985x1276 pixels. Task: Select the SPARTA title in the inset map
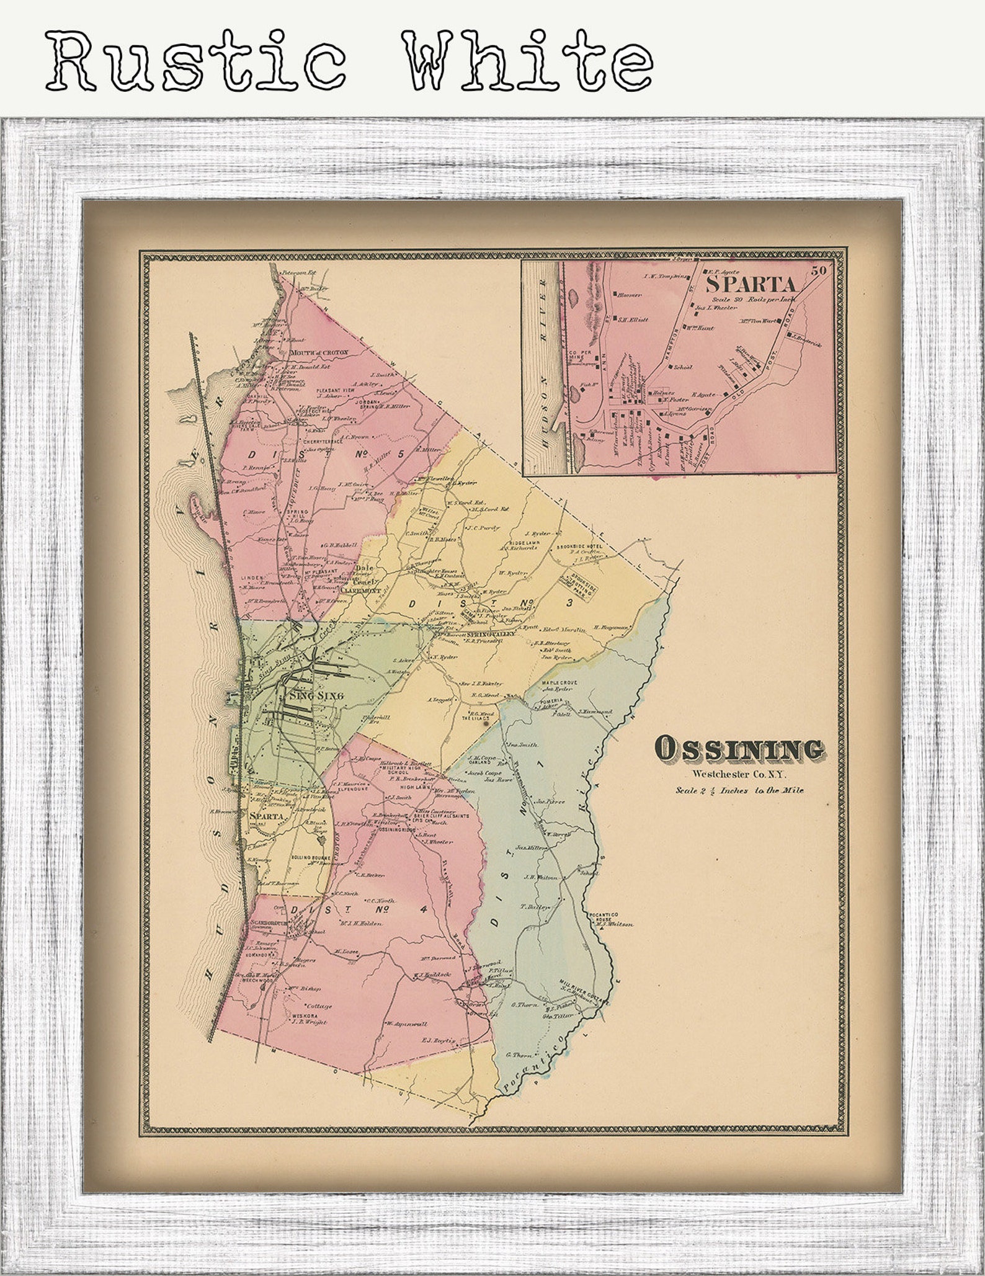(x=752, y=285)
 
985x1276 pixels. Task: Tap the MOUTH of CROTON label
(x=319, y=352)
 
